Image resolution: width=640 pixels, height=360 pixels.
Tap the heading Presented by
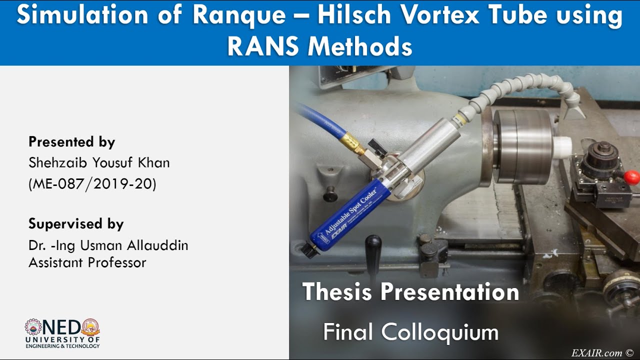pos(72,142)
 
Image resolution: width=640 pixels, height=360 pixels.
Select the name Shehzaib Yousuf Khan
pos(99,163)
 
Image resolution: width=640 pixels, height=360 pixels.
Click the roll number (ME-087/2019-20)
pos(92,184)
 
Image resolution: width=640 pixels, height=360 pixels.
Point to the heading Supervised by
pos(76,223)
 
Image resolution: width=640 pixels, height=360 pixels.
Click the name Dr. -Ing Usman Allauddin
pos(108,245)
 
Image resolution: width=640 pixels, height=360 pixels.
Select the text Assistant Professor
pos(87,262)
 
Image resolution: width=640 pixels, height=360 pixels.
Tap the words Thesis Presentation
pos(410,291)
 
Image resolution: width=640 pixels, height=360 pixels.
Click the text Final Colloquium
pos(410,332)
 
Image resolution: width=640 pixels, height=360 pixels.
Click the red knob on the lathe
pos(631,177)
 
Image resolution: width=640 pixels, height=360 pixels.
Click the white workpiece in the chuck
pos(562,146)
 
